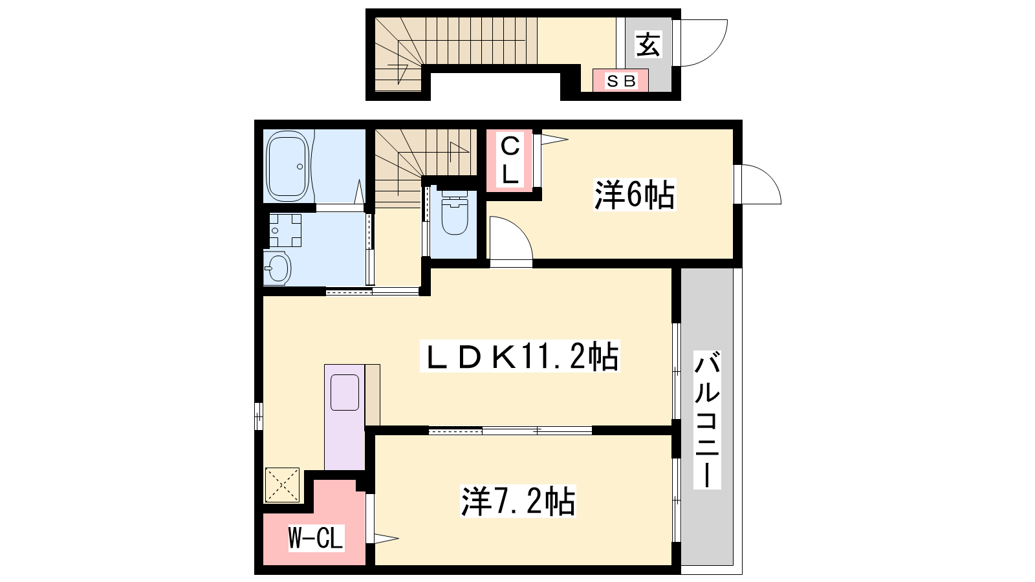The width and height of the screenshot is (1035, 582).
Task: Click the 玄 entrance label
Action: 648,45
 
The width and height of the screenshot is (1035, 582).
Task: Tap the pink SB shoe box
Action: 620,80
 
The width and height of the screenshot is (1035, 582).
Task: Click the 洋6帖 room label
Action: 635,195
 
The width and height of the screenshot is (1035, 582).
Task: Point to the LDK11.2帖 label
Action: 519,356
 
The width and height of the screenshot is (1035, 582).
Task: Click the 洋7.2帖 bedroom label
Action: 517,501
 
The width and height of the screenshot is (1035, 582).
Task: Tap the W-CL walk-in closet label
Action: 316,538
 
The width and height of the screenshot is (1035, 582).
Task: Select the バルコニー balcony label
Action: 707,420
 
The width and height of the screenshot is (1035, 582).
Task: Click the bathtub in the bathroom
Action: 288,166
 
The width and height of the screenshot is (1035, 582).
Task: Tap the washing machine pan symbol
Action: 285,230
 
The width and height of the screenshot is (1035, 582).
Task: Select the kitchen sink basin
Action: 345,392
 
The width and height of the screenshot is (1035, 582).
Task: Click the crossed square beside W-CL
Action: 282,484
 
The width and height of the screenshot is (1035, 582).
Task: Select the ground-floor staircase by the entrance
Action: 455,54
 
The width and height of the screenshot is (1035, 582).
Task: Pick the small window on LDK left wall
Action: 259,416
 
